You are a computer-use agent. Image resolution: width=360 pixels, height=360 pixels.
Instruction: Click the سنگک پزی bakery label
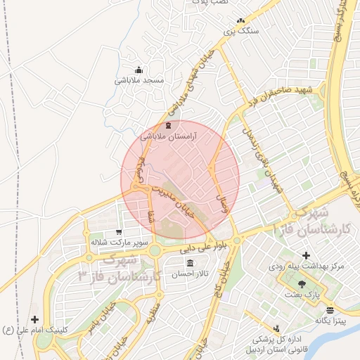click(240, 31)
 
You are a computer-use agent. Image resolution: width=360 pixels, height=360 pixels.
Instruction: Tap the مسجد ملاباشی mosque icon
click(139, 70)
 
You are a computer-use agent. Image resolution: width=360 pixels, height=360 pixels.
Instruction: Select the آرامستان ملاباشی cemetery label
click(168, 135)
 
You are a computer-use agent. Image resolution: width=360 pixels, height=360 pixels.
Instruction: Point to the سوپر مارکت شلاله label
click(117, 242)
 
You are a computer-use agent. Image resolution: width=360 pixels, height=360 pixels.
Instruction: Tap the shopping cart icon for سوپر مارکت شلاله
click(118, 231)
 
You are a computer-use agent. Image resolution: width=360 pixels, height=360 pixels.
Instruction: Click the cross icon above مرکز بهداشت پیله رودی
click(304, 255)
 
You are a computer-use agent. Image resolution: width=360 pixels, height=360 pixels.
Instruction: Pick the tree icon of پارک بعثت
click(302, 283)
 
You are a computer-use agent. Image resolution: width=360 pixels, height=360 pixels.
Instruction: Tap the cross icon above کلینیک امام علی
click(34, 320)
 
